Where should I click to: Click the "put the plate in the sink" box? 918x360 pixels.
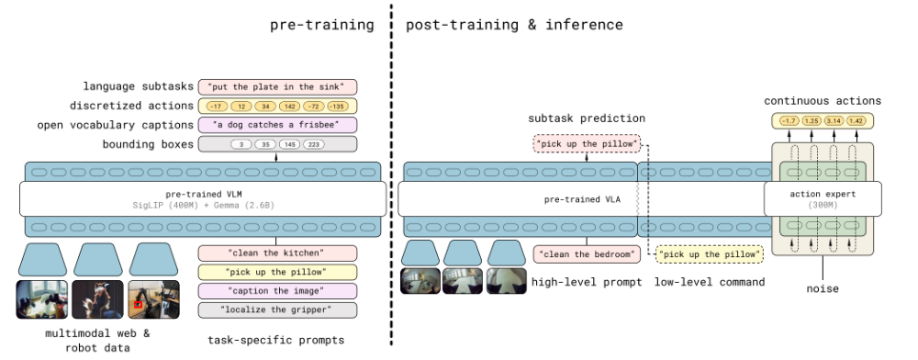tap(277, 87)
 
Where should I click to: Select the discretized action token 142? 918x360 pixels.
tap(289, 106)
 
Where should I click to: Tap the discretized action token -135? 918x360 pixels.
tap(337, 106)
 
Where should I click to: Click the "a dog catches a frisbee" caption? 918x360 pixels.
tap(277, 125)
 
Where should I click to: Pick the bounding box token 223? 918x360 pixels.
tap(313, 144)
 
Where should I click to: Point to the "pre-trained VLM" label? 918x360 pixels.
tap(203, 194)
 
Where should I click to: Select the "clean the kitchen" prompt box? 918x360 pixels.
tap(277, 253)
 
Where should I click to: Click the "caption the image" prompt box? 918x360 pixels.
tap(277, 291)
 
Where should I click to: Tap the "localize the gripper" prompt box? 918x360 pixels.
tap(277, 309)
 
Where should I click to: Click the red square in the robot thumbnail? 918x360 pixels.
tap(139, 304)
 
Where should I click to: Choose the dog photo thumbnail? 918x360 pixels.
tap(98, 299)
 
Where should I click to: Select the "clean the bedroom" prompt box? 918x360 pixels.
tap(587, 254)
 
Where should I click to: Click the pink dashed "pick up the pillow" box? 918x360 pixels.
tap(587, 143)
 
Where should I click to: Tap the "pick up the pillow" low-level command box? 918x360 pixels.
tap(709, 254)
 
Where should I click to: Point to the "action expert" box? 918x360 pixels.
tap(823, 199)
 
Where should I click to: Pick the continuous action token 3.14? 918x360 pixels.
tap(834, 121)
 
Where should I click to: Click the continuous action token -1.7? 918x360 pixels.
tap(789, 121)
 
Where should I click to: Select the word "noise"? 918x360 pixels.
tap(823, 288)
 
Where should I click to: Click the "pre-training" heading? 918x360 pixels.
tap(322, 25)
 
